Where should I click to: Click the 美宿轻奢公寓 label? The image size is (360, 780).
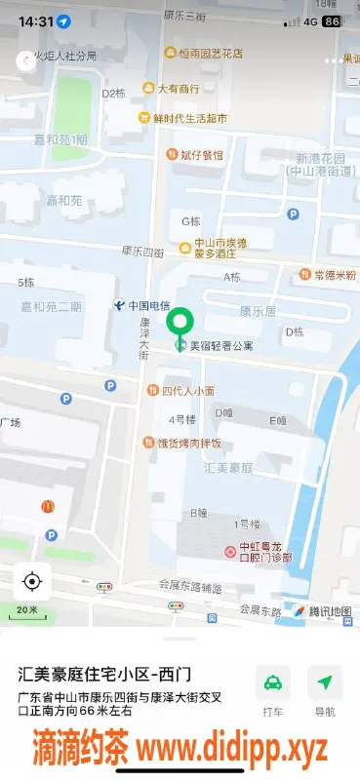point(220,345)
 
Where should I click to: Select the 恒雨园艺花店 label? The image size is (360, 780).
point(210,54)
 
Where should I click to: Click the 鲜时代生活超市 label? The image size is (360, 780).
point(189,118)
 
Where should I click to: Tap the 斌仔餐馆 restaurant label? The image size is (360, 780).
point(201,154)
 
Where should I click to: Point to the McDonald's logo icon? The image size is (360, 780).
point(47,506)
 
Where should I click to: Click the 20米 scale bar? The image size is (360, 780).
point(32,612)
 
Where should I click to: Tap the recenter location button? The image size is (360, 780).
point(31,582)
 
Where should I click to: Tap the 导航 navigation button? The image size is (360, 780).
point(325,691)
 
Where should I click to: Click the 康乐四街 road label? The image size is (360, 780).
point(140,252)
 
